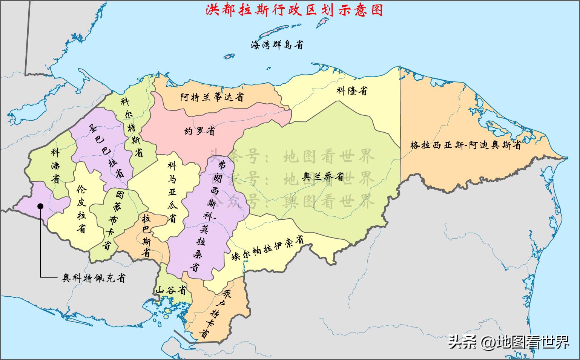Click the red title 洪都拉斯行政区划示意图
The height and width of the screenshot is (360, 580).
pos(294,10)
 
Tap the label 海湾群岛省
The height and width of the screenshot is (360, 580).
pos(277,45)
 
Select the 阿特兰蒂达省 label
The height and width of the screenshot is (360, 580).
pos(212,97)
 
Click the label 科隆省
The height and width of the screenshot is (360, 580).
pos(352,90)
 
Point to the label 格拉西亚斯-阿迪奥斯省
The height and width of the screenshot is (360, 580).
pos(466,145)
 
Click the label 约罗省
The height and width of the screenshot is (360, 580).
pos(199,131)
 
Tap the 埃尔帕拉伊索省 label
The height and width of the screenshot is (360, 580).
pos(267,248)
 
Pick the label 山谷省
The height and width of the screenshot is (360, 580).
pos(171,290)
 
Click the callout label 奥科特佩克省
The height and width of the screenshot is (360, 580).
pos(94,278)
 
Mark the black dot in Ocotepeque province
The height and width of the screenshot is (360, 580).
pos(40,205)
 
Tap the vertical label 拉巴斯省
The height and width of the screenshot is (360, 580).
pos(146,236)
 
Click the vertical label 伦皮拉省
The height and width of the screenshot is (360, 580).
pos(81,208)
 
